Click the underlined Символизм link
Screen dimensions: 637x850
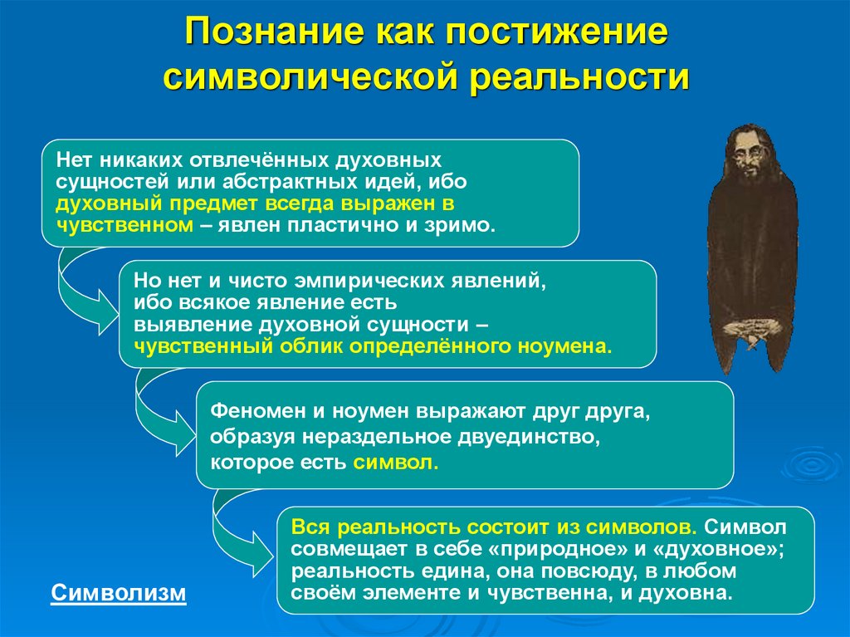(120, 593)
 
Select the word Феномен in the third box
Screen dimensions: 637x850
(250, 411)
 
